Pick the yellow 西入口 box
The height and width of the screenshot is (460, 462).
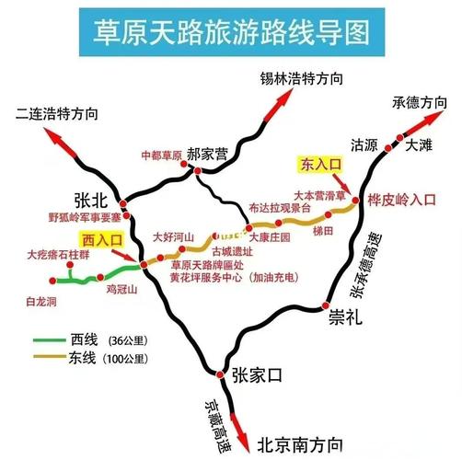(x=102, y=239)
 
